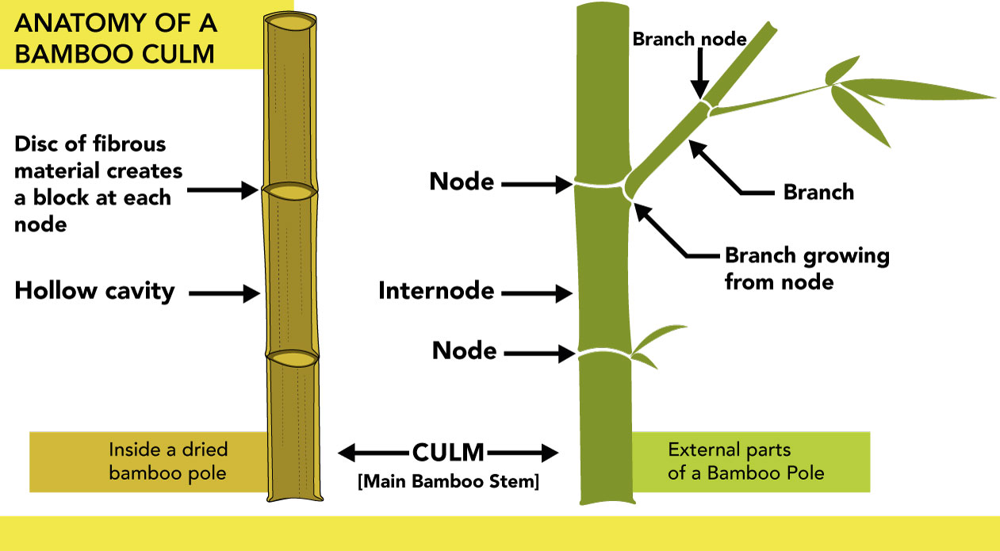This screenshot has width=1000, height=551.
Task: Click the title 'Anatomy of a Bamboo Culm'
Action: (115, 37)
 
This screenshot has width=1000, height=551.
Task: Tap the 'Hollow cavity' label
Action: (94, 291)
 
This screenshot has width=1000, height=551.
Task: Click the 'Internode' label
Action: (436, 291)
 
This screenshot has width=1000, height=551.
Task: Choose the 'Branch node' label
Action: (689, 39)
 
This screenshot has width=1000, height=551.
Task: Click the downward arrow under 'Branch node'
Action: (699, 78)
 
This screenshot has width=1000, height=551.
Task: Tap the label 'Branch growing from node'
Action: (807, 269)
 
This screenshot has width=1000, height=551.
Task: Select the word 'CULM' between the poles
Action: (448, 453)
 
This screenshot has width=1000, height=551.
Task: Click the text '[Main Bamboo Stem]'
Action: (448, 481)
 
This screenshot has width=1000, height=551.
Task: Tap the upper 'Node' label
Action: (462, 182)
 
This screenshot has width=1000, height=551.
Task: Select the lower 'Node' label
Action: (464, 350)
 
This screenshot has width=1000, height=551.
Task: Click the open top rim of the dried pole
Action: (290, 22)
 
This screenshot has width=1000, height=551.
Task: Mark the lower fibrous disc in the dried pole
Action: (292, 358)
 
